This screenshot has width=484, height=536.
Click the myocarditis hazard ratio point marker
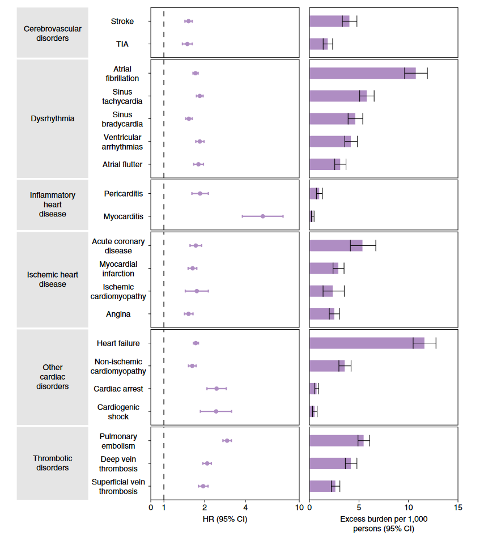coord(262,216)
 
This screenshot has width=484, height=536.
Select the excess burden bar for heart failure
coord(366,343)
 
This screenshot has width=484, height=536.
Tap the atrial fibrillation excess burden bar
coord(362,73)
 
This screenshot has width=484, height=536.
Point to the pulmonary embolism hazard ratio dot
coord(227,440)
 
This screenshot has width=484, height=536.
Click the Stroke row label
coord(122,22)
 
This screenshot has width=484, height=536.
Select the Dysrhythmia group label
coord(52,119)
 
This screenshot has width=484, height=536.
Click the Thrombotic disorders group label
coord(52,463)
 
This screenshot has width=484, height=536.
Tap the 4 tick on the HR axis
coord(245,507)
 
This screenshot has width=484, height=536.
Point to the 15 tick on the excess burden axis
coord(458,507)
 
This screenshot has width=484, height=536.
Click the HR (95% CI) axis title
coord(224,519)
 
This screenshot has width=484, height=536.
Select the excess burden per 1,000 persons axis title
coord(383,524)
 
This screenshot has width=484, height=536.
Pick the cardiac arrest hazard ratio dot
coord(216,389)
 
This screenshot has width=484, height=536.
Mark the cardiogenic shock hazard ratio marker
coord(216,411)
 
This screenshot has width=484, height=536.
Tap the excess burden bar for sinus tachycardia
coord(338,96)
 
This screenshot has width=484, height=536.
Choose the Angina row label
coord(118,314)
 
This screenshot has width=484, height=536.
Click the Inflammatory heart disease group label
coord(52,205)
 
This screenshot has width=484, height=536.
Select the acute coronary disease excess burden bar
coord(336,245)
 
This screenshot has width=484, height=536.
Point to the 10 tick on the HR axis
coord(299,507)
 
